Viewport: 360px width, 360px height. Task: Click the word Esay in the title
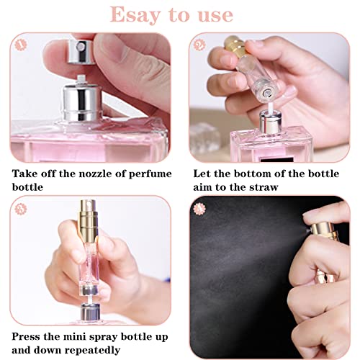[135, 15]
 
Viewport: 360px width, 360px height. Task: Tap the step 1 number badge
[21, 45]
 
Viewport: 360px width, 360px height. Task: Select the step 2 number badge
[199, 45]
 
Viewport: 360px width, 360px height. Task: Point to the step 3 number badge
[21, 209]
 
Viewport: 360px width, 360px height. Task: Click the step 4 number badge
[199, 209]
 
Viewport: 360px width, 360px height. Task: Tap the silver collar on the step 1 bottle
[81, 102]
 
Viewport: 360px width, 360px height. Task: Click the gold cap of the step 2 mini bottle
[236, 47]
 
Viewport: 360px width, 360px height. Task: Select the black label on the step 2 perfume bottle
[277, 159]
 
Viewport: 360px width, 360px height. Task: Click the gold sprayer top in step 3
[89, 221]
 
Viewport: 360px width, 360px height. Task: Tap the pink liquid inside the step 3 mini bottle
[89, 274]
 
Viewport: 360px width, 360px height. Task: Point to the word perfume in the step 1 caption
[150, 174]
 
